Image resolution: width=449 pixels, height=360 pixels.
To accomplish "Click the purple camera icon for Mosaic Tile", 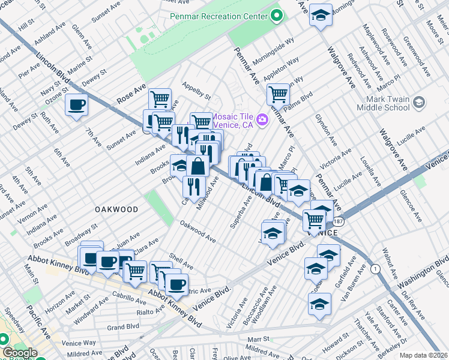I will pyautogui.click(x=262, y=121).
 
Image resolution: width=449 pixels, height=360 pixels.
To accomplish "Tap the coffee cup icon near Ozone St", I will pyautogui.click(x=76, y=105).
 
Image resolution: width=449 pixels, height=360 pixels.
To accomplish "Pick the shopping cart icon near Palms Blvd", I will pyautogui.click(x=278, y=94).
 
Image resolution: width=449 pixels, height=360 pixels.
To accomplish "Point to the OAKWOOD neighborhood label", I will pyautogui.click(x=116, y=209).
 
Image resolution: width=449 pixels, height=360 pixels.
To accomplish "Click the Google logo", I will pyautogui.click(x=19, y=353).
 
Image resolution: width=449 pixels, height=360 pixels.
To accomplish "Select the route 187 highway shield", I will pyautogui.click(x=339, y=221).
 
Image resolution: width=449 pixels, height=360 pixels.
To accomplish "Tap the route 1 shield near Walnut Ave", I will pyautogui.click(x=375, y=268).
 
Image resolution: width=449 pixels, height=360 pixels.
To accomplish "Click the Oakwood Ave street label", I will pyautogui.click(x=197, y=231).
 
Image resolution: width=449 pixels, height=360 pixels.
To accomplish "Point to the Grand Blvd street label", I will pyautogui.click(x=123, y=328).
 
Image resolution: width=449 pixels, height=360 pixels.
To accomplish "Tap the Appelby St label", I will pyautogui.click(x=197, y=91).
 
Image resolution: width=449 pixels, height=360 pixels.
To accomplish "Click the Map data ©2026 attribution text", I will pyautogui.click(x=424, y=355).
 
